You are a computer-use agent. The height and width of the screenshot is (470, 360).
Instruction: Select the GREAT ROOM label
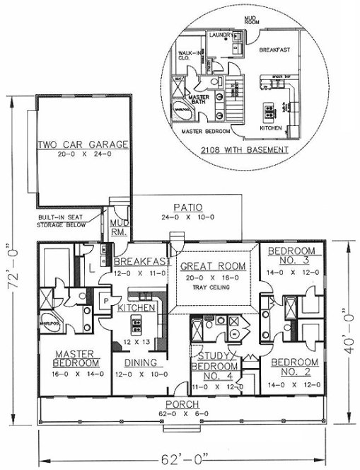click(x=213, y=266)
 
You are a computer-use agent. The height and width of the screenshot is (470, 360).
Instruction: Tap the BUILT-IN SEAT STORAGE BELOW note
click(x=63, y=222)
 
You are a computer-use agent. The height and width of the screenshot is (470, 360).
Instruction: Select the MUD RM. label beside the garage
click(x=118, y=227)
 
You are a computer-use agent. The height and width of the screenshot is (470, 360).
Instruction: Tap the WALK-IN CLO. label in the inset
click(x=187, y=56)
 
